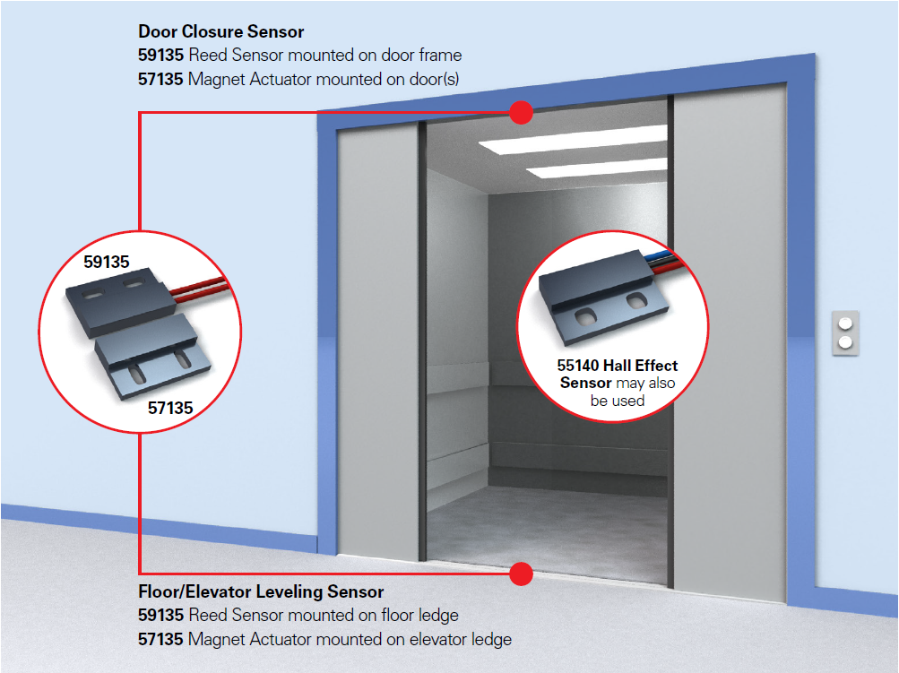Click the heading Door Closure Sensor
coord(220,32)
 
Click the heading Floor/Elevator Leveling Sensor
coord(261,592)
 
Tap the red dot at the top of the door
coord(521,112)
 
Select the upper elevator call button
coord(844,324)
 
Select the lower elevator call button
coord(844,342)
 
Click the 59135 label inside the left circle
coord(107,263)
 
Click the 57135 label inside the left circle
coord(170,408)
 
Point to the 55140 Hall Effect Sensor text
coord(618,374)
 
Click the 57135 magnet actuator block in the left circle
coord(152,353)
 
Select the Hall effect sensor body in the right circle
coord(601,296)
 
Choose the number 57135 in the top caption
coord(161,79)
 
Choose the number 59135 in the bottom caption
coord(161,616)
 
